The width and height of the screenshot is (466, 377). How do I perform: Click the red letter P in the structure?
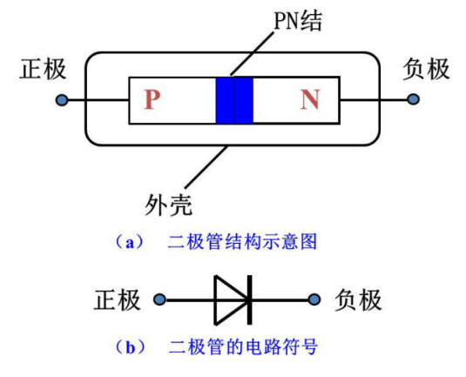coord(152,100)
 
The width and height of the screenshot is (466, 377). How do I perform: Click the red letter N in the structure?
coord(310,100)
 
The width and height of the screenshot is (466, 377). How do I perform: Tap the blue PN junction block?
coord(233,100)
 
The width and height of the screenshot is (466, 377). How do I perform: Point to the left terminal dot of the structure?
coord(61,100)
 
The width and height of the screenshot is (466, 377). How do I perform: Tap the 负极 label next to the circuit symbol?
coord(358,300)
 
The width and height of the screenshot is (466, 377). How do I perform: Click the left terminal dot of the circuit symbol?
coord(159,300)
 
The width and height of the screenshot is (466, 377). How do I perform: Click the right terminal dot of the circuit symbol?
coord(314,300)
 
